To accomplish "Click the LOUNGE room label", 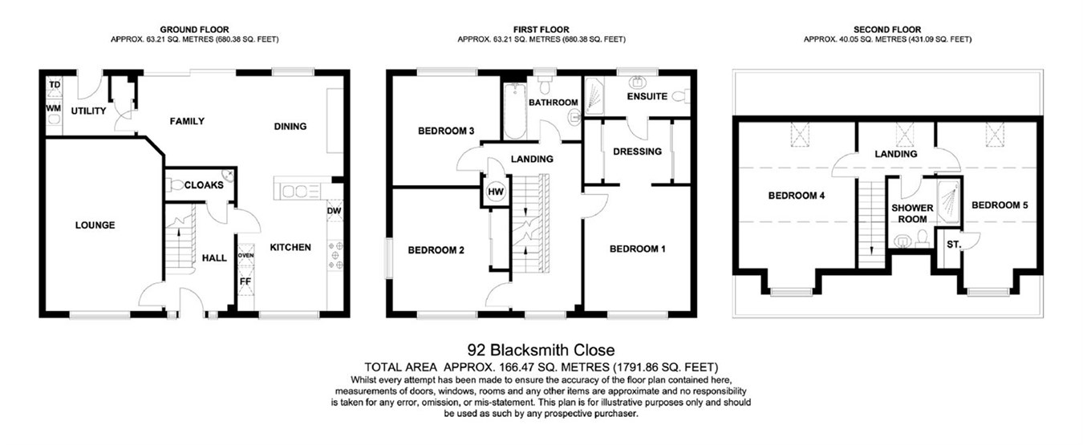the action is click(x=95, y=225).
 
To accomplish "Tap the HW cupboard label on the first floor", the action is click(x=496, y=192).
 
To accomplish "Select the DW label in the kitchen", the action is click(x=334, y=212).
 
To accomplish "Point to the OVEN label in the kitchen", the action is click(x=245, y=256).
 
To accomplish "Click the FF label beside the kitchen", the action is click(x=245, y=281).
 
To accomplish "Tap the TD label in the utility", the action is click(x=55, y=84).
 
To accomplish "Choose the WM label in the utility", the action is click(x=54, y=107).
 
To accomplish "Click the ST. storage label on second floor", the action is click(x=954, y=244).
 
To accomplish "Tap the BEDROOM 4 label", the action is click(x=797, y=196).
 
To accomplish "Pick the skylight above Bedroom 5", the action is click(x=996, y=136).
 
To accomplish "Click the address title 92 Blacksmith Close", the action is click(x=541, y=350).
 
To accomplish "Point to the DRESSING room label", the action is click(x=637, y=152).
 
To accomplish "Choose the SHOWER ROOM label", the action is click(x=913, y=213).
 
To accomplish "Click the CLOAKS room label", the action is click(x=204, y=185).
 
